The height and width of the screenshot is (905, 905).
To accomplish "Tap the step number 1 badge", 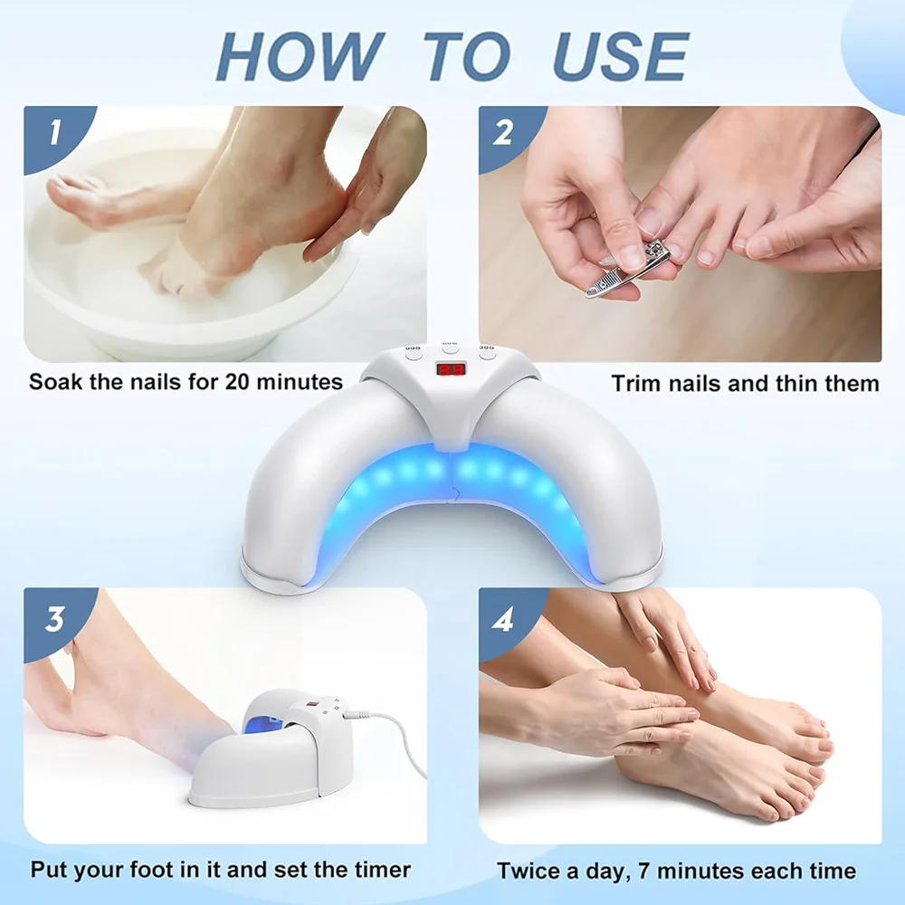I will [53, 134].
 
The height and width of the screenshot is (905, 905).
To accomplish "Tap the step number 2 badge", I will [504, 134].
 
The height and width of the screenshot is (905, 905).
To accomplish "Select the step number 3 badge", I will [54, 619].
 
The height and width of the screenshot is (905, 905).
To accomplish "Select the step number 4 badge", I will [504, 619].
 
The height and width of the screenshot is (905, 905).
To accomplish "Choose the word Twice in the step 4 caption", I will [528, 872].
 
